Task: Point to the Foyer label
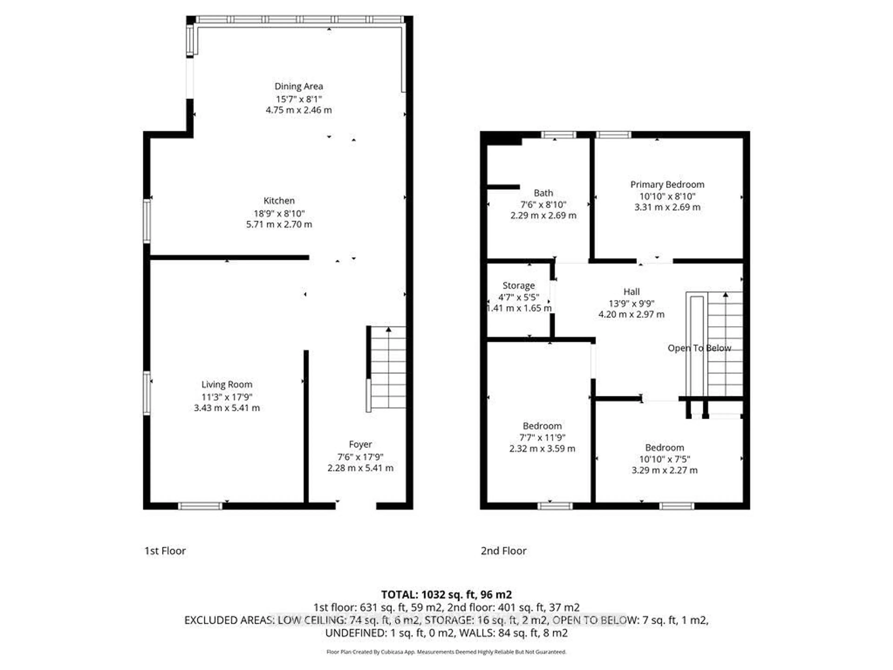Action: [360, 444]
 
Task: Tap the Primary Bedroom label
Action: [667, 184]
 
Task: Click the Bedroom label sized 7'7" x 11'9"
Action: [542, 426]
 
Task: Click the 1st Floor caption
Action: [165, 551]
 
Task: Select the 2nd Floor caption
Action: [503, 551]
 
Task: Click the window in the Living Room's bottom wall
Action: [200, 506]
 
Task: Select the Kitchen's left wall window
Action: [147, 221]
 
